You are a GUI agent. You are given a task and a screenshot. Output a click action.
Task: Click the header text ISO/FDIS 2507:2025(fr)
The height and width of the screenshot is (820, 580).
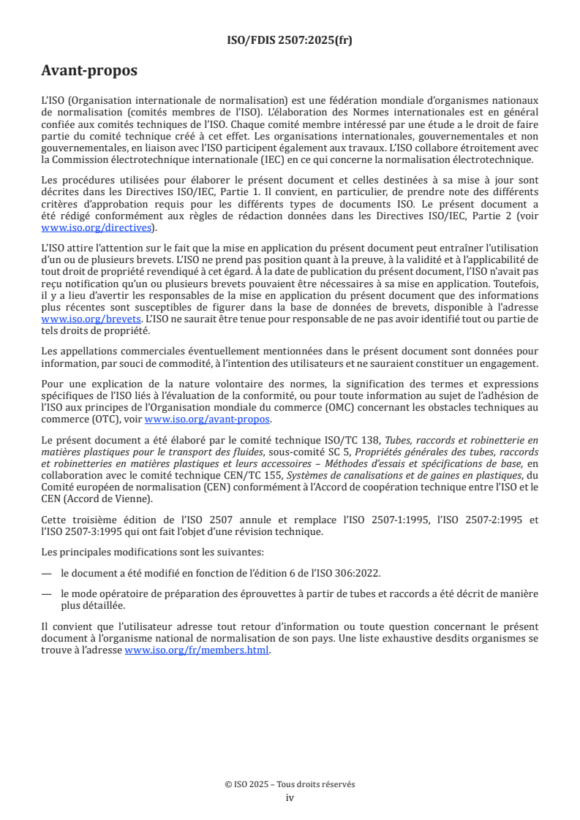point(290,40)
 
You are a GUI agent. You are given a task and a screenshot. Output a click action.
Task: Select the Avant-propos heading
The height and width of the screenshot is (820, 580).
point(88,71)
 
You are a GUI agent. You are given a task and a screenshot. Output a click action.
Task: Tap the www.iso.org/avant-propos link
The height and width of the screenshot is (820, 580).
point(208,420)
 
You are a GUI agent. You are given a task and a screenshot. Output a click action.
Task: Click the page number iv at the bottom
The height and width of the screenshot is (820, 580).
point(290,798)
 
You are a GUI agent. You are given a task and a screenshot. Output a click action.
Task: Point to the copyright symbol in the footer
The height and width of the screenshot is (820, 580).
point(228,784)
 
